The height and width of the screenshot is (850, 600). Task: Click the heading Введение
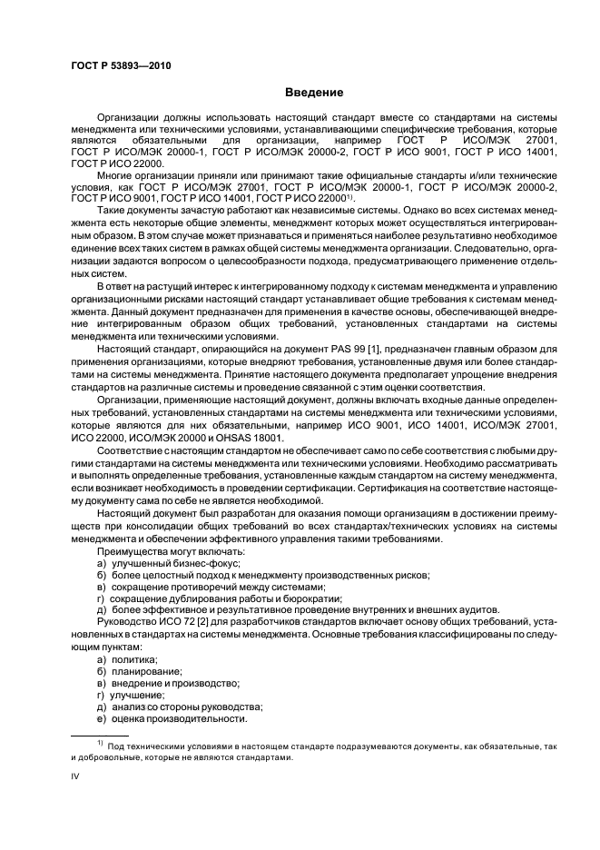coord(313,93)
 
